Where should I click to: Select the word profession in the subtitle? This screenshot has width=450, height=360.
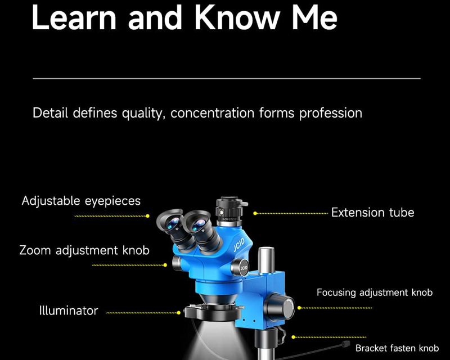pyautogui.click(x=331, y=113)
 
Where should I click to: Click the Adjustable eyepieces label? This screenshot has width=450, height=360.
pyautogui.click(x=81, y=201)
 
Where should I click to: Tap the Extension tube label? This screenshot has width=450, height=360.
pyautogui.click(x=372, y=213)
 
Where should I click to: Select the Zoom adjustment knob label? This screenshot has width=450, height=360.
pyautogui.click(x=84, y=250)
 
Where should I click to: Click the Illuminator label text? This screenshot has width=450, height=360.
pyautogui.click(x=69, y=310)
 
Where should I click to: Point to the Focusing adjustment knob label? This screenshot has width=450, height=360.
pyautogui.click(x=375, y=292)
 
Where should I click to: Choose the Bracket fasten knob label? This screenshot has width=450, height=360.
pyautogui.click(x=397, y=348)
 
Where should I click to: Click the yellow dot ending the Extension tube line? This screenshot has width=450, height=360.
pyautogui.click(x=255, y=213)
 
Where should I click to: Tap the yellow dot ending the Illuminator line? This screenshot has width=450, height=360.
pyautogui.click(x=179, y=313)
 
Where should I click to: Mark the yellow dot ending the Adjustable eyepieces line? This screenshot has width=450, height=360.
pyautogui.click(x=147, y=216)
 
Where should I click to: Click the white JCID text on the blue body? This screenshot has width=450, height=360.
pyautogui.click(x=238, y=245)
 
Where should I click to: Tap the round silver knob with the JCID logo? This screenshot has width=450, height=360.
pyautogui.click(x=241, y=268)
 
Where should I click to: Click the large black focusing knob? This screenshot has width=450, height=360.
pyautogui.click(x=279, y=307)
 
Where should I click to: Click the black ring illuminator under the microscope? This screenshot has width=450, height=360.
pyautogui.click(x=213, y=313)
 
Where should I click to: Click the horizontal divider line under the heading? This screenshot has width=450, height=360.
pyautogui.click(x=227, y=78)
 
